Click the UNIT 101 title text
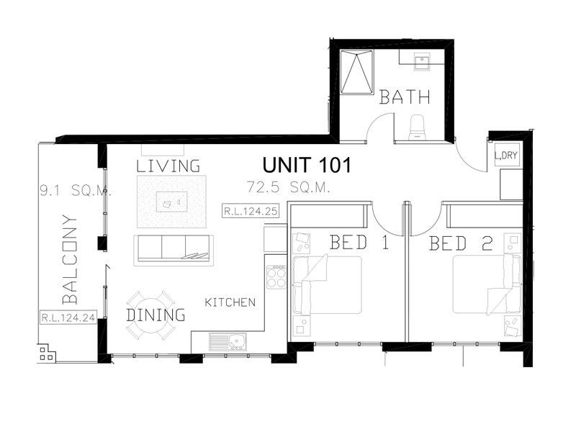306,165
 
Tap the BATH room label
405,97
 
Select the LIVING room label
168,166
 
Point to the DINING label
156,315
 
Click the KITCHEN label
230,302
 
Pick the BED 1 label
359,243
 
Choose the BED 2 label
461,243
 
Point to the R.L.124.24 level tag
69,317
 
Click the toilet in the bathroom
418,127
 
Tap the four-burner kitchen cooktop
276,277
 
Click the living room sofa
172,248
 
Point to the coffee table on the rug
171,203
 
